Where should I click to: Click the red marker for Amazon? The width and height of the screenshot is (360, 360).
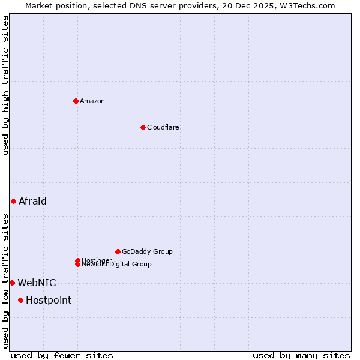(76, 101)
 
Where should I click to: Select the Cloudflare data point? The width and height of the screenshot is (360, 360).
(143, 127)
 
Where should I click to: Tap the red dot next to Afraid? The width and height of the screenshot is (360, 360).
(13, 201)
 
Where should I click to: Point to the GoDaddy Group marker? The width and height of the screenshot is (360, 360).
(118, 251)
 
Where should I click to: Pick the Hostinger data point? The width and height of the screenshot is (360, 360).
(77, 260)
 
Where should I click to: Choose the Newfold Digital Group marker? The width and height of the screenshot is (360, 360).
(78, 265)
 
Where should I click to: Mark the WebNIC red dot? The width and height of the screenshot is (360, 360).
(12, 283)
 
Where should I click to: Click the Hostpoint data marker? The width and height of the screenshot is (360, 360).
(20, 300)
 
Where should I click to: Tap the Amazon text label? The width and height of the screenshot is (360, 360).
(92, 101)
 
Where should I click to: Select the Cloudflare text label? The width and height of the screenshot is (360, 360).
(163, 127)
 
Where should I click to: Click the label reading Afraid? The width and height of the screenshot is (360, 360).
(32, 201)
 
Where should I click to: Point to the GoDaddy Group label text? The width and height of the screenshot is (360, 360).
(147, 251)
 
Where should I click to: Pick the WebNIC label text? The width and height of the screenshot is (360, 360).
(37, 283)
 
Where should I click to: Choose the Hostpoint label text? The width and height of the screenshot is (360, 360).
(49, 300)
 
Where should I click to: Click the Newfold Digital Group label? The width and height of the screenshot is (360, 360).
(116, 265)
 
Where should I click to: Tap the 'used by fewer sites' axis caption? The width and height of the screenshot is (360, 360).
(62, 355)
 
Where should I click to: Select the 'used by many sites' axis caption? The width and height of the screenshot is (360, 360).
(301, 355)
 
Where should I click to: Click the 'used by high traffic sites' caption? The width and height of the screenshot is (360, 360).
(5, 85)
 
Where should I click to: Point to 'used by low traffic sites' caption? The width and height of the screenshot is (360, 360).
(5, 280)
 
